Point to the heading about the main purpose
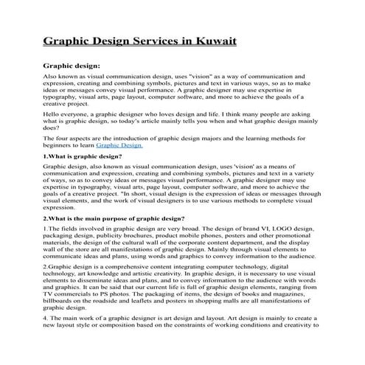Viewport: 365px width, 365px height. pos(114,218)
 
